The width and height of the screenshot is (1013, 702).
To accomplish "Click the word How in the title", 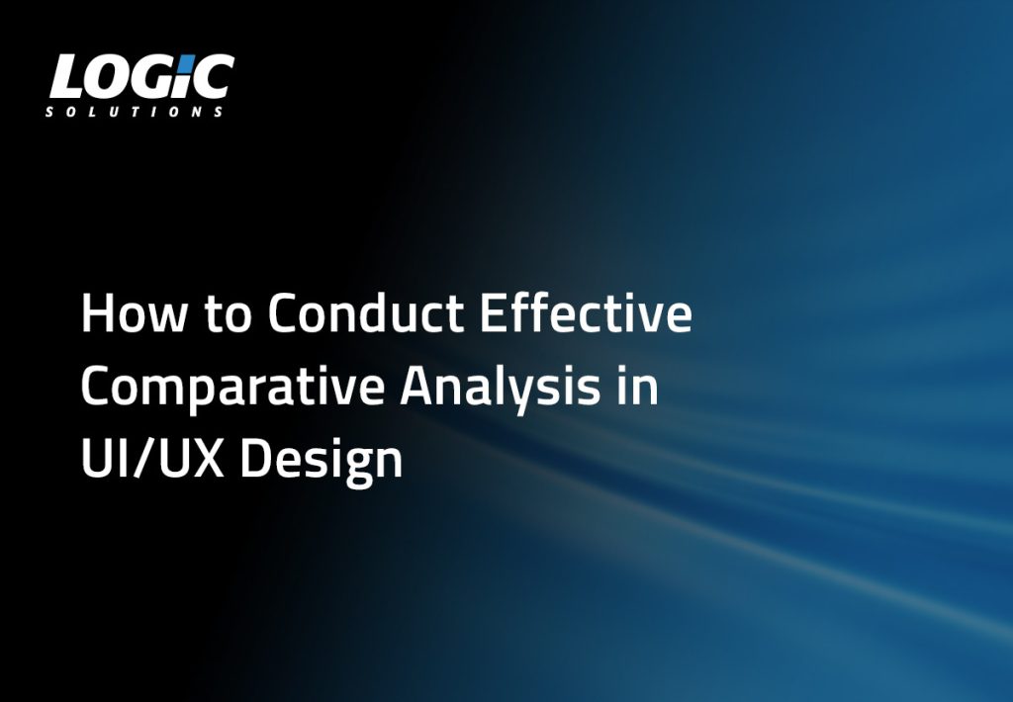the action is (135, 313).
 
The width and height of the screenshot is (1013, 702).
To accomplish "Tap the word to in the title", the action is (227, 314).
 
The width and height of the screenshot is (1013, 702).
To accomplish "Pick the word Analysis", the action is (500, 389).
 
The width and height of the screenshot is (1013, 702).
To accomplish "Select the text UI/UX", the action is (152, 458).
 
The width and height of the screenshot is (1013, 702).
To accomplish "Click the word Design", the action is (322, 462).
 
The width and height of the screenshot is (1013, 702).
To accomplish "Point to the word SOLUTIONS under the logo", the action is (135, 112).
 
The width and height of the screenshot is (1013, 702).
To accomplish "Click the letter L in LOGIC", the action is (66, 77).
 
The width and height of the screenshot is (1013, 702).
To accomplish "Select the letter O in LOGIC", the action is (107, 77).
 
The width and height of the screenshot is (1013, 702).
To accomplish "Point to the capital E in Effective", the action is (492, 313).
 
